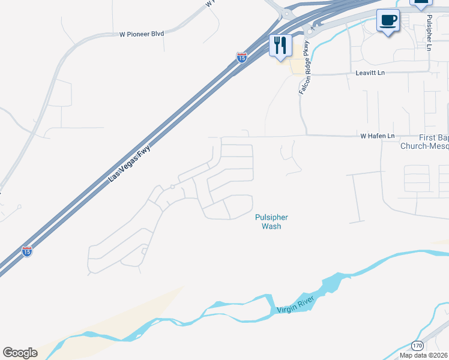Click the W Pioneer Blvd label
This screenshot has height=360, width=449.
142,34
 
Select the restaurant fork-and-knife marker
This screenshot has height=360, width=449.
280,45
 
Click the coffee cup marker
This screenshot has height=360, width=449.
388,20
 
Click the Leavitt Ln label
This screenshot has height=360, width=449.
370,73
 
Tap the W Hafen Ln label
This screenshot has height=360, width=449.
377,137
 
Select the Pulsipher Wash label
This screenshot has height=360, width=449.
271,221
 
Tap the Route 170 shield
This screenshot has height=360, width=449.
418,346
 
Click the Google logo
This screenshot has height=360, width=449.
20,353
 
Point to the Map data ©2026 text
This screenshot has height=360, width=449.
423,355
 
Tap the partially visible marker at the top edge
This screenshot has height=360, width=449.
421,4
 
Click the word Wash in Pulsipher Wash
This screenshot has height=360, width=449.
271,226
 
